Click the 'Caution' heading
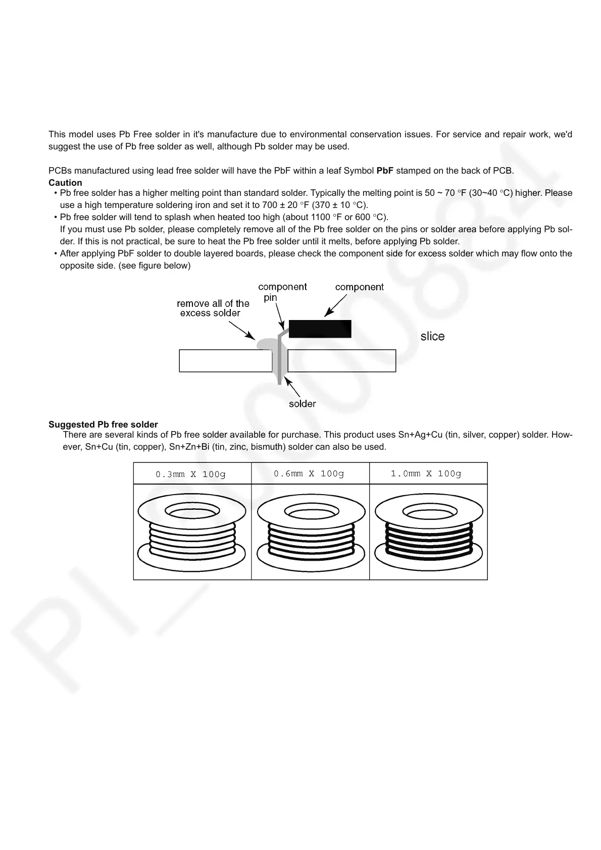coord(65,183)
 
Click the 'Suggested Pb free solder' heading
coord(103,424)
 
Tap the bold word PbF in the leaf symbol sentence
coord(385,171)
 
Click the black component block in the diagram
coord(319,329)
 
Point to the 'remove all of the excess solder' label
coord(212,308)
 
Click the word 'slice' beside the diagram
coord(432,337)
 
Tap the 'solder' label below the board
coord(302,404)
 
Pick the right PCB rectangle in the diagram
coord(341,361)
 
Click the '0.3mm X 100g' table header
coord(190,474)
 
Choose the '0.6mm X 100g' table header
coord(309,473)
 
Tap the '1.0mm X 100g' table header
coord(426,473)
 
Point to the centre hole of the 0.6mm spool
coord(310,511)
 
